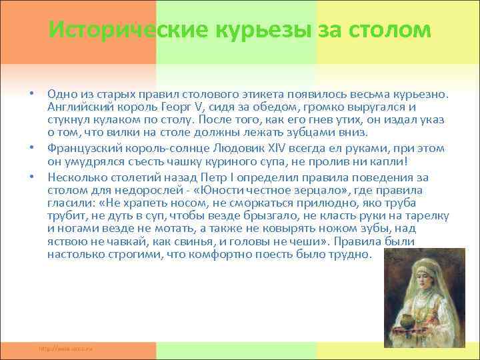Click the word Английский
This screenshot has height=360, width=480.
(77, 107)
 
